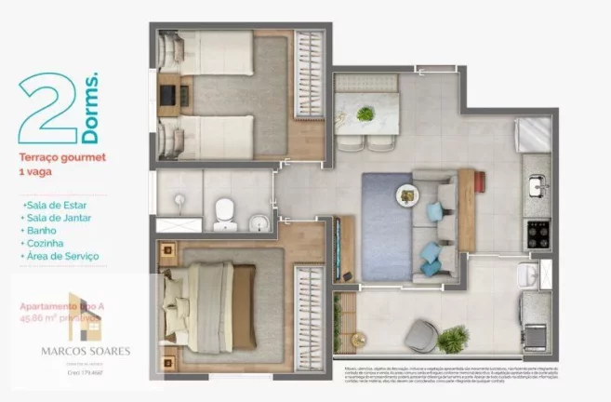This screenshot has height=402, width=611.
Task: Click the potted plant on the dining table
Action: pyautogui.click(x=365, y=114)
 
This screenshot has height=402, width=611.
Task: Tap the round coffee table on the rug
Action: pyautogui.click(x=408, y=195)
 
